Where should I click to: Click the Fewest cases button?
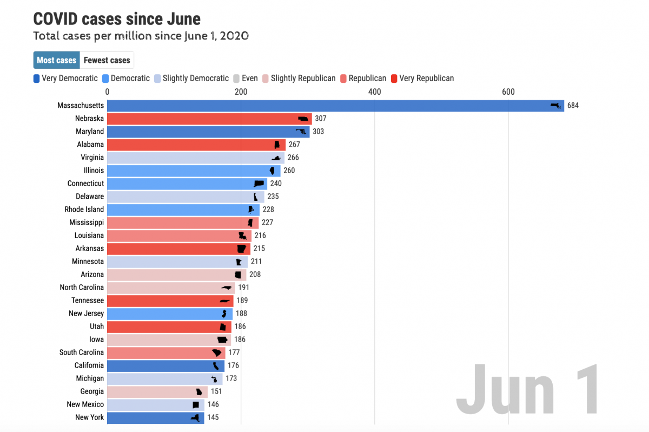pyautogui.click(x=107, y=60)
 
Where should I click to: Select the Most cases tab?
pyautogui.click(x=56, y=60)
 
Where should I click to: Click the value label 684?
pyautogui.click(x=573, y=106)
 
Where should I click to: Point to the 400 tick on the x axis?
pyautogui.click(x=374, y=91)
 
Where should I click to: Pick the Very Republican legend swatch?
pyautogui.click(x=394, y=78)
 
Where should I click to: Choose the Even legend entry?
pyautogui.click(x=245, y=78)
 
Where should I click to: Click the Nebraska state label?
pyautogui.click(x=89, y=119)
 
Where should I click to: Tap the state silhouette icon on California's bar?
pyautogui.click(x=216, y=365)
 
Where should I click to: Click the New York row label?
pyautogui.click(x=90, y=417)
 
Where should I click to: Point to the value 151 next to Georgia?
pyautogui.click(x=216, y=391)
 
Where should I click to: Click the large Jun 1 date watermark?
pyautogui.click(x=527, y=390)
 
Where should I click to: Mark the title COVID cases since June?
pyautogui.click(x=117, y=19)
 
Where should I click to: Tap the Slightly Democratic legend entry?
pyautogui.click(x=191, y=78)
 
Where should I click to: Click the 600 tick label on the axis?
pyautogui.click(x=508, y=91)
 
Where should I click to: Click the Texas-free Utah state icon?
pyautogui.click(x=223, y=327)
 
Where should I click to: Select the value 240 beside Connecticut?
pyautogui.click(x=276, y=184)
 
